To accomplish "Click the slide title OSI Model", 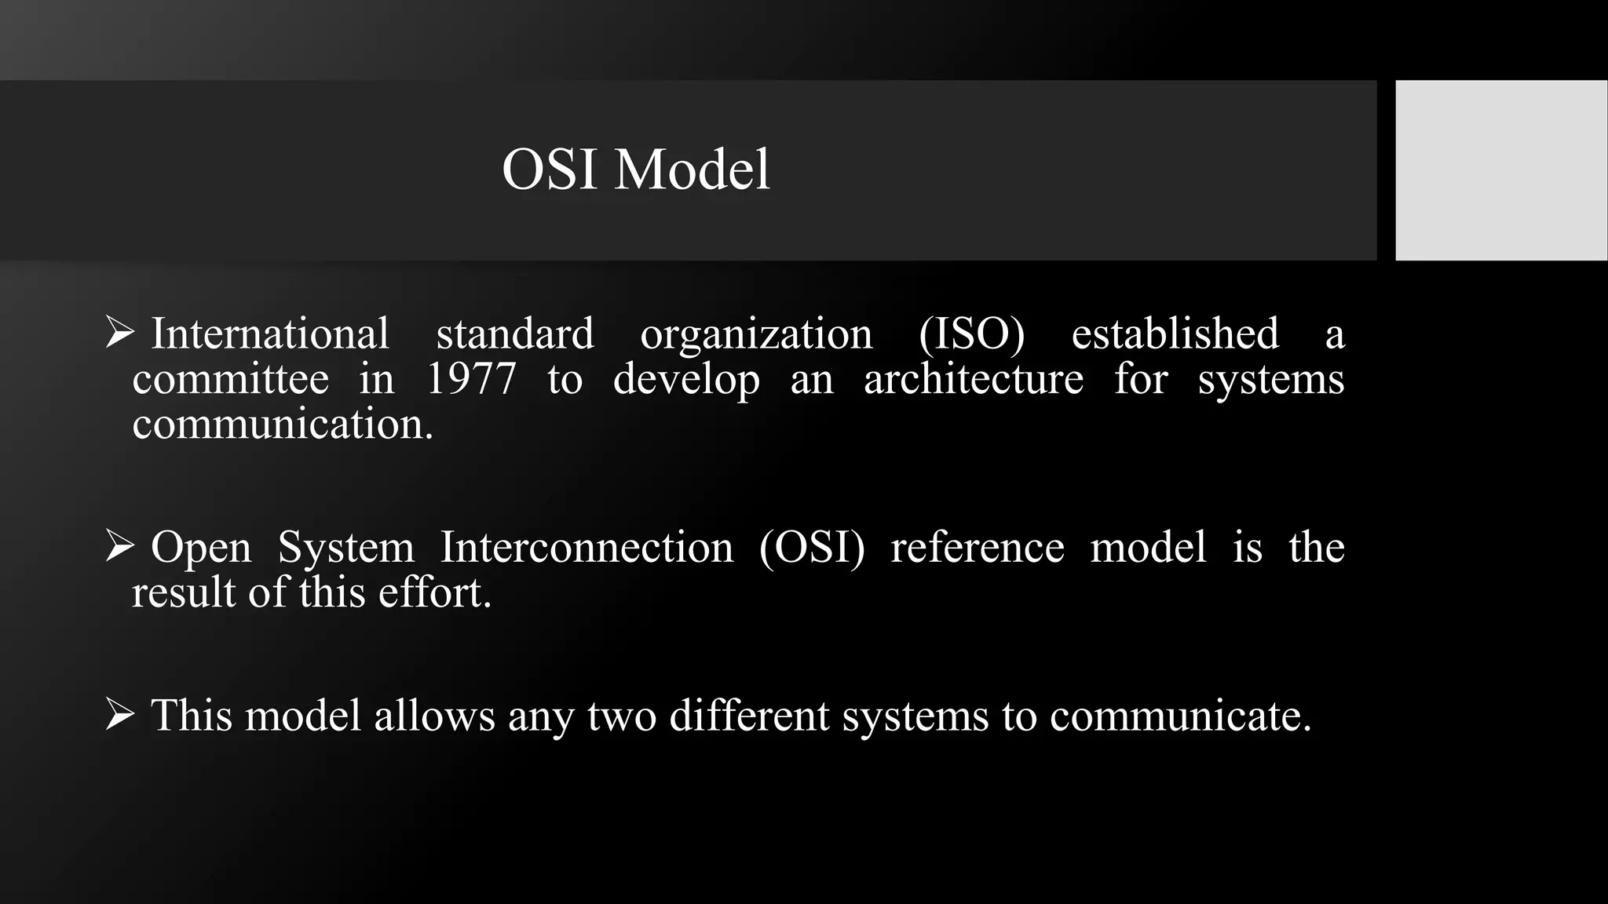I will point(636,169).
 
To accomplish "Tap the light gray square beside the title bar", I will point(1500,170).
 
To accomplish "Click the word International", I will point(269,334).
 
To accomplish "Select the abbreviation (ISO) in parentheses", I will point(971,334).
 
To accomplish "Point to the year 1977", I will point(471,379).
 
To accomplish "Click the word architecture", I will point(973,379).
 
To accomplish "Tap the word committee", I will point(230,379).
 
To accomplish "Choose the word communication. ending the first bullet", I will point(283,425).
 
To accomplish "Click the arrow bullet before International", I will point(119,333).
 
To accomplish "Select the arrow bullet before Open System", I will point(119,546).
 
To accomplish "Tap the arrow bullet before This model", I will point(119,715).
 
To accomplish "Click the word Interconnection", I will point(587,547).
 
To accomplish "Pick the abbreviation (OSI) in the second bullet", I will point(812,547).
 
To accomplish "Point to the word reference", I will point(978,547).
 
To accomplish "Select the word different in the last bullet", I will point(749,716).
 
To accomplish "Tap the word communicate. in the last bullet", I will point(1180,716).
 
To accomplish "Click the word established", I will point(1175,334).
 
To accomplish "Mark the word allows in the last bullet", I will point(434,716).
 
